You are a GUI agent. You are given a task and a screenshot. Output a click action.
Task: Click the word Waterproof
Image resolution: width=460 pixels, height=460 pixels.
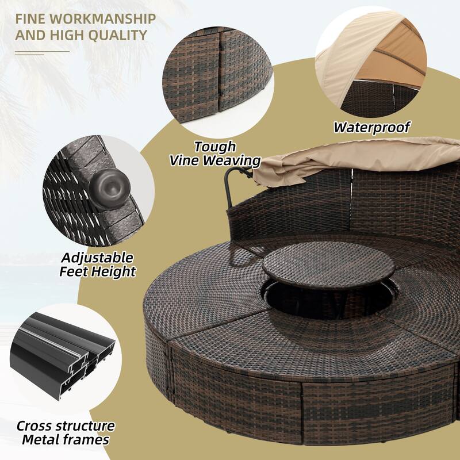(373, 127)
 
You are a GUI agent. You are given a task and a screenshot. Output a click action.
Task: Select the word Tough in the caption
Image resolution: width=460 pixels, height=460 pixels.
(215, 147)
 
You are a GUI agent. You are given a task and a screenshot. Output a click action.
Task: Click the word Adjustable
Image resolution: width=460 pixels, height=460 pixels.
(97, 257)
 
